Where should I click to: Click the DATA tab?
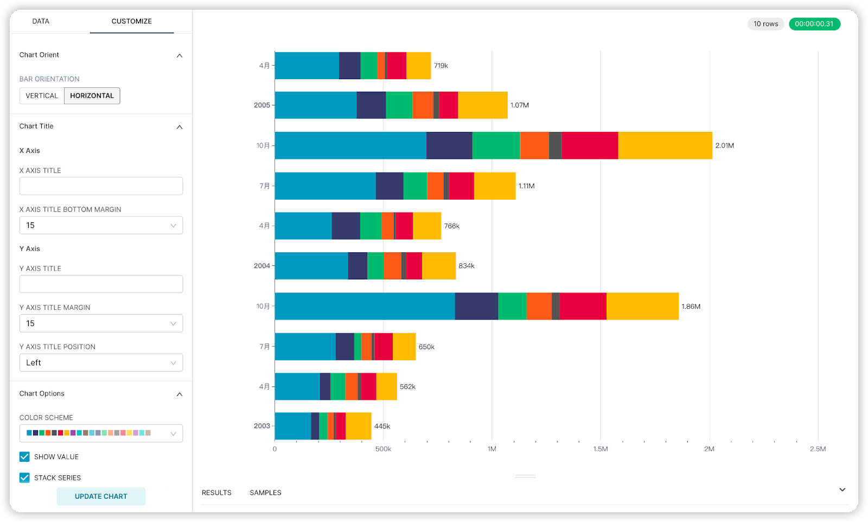pos(41,22)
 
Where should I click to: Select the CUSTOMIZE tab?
pos(131,22)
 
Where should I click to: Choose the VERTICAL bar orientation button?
pos(42,96)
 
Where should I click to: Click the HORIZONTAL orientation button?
pos(92,96)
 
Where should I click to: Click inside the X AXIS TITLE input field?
pos(101,186)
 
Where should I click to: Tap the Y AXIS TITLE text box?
pos(101,284)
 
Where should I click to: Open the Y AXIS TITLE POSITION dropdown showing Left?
pos(101,363)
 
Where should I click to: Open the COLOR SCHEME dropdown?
pos(101,434)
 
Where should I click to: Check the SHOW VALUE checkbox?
pos(24,457)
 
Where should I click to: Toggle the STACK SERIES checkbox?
pos(24,478)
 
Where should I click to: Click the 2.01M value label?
pos(724,146)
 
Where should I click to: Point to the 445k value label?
pos(382,426)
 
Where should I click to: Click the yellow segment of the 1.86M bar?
pos(642,307)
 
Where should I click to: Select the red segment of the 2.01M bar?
pos(590,146)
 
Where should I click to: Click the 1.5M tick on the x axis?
pos(601,449)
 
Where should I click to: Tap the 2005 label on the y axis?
pos(261,105)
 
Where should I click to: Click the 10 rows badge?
pos(765,24)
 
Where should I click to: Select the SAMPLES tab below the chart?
pos(265,493)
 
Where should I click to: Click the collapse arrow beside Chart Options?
pos(180,394)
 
